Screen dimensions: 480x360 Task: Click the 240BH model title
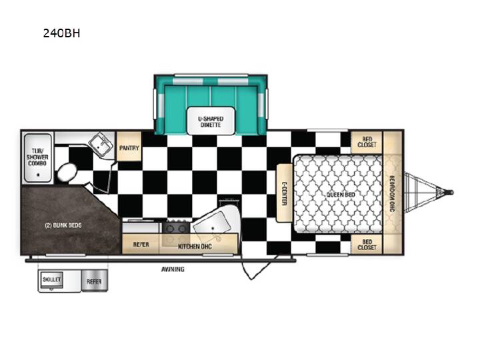[61, 33]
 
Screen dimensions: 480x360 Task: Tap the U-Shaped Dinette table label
[211, 122]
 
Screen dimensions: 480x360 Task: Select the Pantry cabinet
[129, 146]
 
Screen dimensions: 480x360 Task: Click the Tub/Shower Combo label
[37, 157]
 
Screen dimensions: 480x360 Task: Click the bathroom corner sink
[100, 145]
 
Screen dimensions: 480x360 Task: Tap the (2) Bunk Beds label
[63, 225]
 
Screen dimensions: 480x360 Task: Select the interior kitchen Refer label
[141, 245]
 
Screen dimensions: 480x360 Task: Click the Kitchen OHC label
[195, 247]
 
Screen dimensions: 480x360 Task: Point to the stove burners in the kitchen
[176, 227]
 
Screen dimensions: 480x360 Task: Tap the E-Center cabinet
[284, 193]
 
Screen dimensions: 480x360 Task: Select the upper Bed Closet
[367, 142]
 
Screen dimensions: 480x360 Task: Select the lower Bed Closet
[367, 245]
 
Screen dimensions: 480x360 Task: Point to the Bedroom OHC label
[392, 193]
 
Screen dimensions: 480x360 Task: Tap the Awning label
[173, 269]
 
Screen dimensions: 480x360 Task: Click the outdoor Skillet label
[52, 279]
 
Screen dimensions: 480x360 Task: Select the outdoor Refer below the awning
[94, 281]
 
